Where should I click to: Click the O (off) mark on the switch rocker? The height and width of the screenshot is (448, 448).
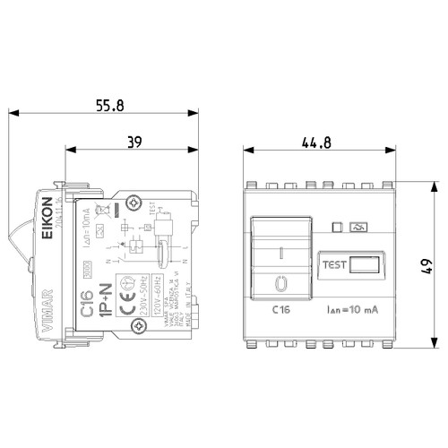(x=280, y=283)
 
